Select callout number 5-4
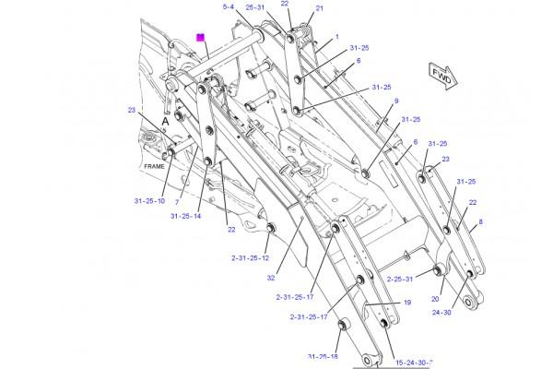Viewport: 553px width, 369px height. coord(229,7)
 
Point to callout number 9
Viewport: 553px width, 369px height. coord(397,101)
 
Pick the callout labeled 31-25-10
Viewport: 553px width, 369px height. coord(148,201)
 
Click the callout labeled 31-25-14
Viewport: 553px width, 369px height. coord(185,217)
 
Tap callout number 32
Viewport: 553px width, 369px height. coord(270,276)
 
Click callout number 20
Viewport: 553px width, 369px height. coord(434,299)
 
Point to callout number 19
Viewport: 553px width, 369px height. coord(406,303)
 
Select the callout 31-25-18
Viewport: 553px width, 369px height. coord(323,356)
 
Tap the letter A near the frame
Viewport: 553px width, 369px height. coord(165,120)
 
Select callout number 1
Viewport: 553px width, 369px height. coord(337,37)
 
